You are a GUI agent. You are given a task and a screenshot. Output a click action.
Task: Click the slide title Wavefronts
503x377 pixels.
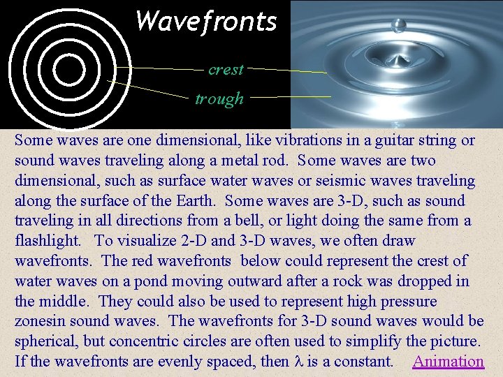pos(206,21)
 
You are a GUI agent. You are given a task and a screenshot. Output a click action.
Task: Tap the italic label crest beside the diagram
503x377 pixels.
pos(226,70)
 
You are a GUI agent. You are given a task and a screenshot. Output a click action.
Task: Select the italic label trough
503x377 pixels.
pos(219,99)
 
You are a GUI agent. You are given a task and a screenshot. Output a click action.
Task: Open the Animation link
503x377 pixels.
pos(448,362)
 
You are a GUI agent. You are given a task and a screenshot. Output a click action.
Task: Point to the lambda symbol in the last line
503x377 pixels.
pos(298,362)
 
